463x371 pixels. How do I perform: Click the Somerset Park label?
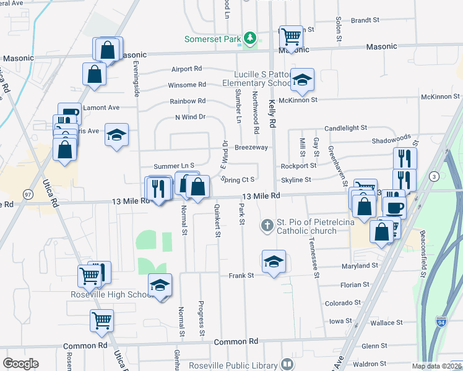pyautogui.click(x=211, y=39)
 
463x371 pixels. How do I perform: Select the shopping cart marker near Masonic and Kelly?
pyautogui.click(x=290, y=36)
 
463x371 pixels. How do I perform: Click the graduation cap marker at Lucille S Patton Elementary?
pyautogui.click(x=302, y=79)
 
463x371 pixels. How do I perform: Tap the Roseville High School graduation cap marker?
pyautogui.click(x=160, y=285)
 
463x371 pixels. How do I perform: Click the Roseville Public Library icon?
pyautogui.click(x=287, y=364)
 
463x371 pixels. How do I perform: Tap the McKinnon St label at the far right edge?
pyautogui.click(x=439, y=97)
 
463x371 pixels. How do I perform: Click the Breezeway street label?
pyautogui.click(x=251, y=147)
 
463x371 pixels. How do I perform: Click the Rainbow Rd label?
pyautogui.click(x=188, y=101)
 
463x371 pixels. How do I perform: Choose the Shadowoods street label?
pyautogui.click(x=391, y=140)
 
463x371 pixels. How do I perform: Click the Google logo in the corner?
pyautogui.click(x=20, y=363)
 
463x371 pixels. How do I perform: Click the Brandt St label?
pyautogui.click(x=365, y=20)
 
